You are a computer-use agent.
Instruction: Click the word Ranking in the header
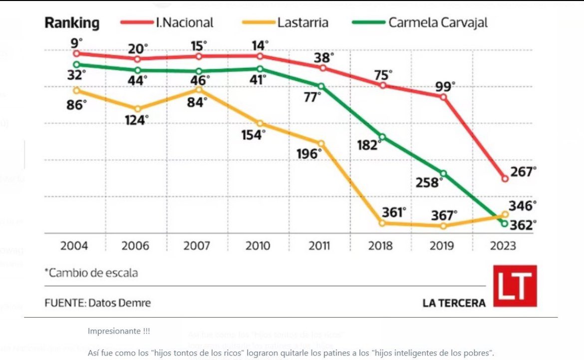[x=72, y=23]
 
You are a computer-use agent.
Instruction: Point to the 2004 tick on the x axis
[x=74, y=246]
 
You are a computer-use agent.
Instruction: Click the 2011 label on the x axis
[x=319, y=246]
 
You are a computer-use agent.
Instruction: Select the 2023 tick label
[x=503, y=246]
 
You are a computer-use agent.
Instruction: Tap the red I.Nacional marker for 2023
[x=505, y=178]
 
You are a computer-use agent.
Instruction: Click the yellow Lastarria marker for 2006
[x=138, y=108]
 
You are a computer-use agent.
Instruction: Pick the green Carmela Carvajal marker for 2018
[x=382, y=137]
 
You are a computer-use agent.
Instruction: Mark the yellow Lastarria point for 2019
[x=444, y=226]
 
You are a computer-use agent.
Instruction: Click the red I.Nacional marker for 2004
[x=76, y=53]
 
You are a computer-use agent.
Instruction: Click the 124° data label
[x=136, y=120]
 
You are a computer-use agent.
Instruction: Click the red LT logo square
[x=515, y=286]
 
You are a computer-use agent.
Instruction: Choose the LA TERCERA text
[x=454, y=303]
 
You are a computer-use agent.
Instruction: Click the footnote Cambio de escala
[x=91, y=273]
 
